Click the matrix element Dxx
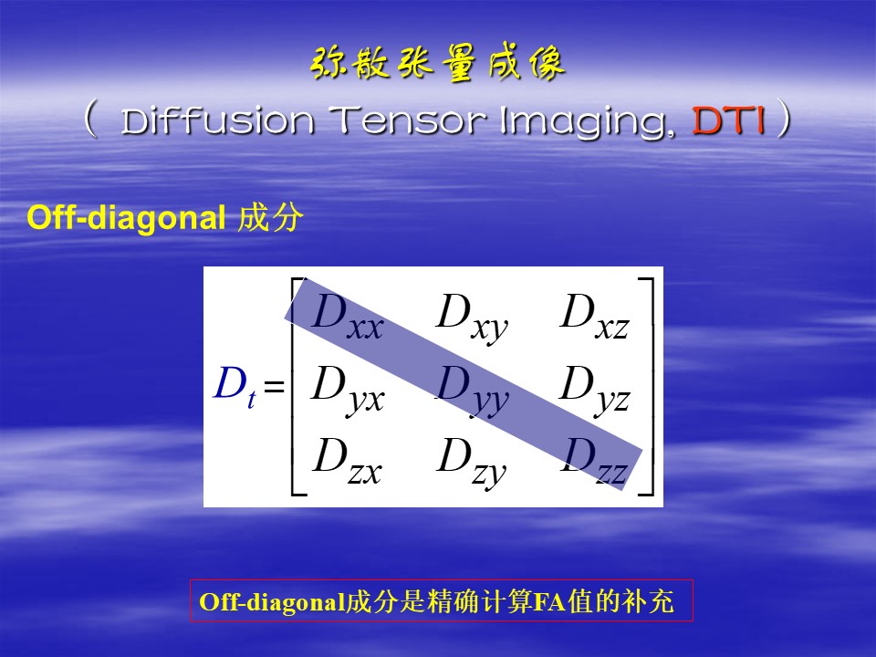coord(348,317)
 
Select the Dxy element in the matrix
coord(472,318)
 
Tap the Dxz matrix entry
coord(595,317)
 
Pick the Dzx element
coord(348,462)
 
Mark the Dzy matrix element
coord(472,463)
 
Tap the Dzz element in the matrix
coord(595,462)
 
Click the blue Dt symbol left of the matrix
coord(235,387)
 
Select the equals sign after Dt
coord(275,386)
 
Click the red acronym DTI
coord(728,120)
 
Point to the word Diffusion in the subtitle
coord(217,120)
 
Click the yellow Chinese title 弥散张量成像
coord(437,63)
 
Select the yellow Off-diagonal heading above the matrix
coord(126,217)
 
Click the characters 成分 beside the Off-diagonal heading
coord(270,217)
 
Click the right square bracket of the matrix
coord(652,387)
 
